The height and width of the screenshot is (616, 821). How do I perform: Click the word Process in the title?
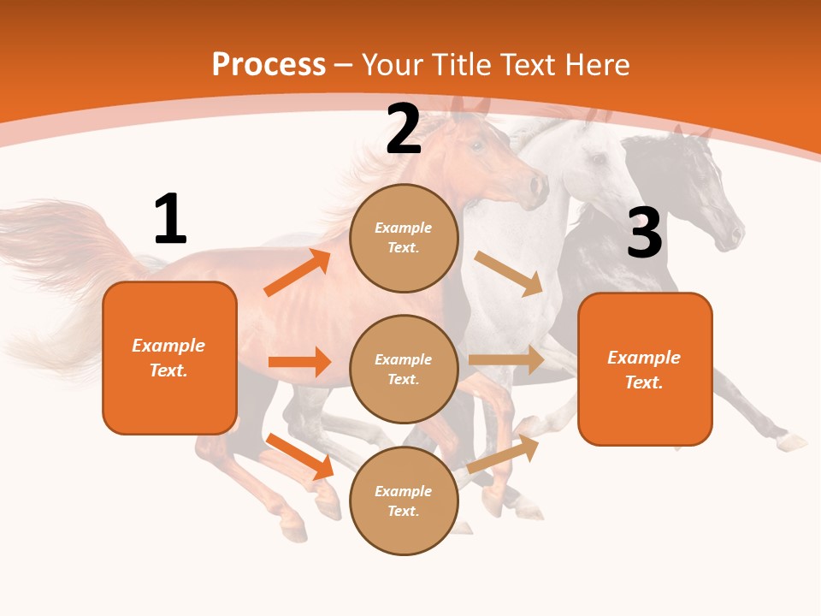(x=269, y=65)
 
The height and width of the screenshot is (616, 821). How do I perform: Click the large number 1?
(x=170, y=219)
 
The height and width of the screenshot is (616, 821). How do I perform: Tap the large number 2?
(x=404, y=129)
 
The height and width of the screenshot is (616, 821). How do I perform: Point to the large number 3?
(x=644, y=233)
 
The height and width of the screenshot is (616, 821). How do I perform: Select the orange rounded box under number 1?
(x=169, y=358)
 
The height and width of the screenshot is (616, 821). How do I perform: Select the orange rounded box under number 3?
(x=645, y=369)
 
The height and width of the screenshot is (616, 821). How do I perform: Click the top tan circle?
(x=404, y=238)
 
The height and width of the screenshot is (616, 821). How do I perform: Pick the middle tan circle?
(x=404, y=369)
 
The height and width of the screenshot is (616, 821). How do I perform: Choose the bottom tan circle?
(x=404, y=500)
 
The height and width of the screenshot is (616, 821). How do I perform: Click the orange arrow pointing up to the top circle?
(x=297, y=273)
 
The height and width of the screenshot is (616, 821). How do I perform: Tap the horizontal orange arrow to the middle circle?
(x=299, y=362)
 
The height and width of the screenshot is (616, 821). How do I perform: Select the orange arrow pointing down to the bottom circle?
(x=299, y=456)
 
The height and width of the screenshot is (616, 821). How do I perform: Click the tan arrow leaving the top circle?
(x=509, y=273)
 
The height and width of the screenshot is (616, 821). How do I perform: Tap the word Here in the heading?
(x=595, y=65)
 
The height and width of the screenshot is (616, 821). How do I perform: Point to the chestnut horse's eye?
(x=476, y=145)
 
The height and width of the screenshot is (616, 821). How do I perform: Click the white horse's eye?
(x=599, y=159)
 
